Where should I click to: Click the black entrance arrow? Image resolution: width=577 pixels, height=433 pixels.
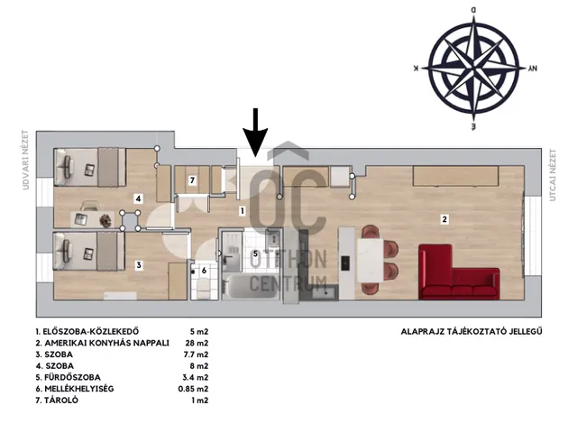click(255, 133)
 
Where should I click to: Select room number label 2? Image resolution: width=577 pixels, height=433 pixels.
click(444, 219)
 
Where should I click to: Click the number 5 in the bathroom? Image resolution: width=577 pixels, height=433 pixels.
click(255, 253)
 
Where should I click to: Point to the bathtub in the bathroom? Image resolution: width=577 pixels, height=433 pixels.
click(251, 287)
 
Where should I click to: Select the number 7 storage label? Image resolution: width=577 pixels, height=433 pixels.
click(192, 180)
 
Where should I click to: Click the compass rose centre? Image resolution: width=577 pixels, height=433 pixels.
click(474, 69)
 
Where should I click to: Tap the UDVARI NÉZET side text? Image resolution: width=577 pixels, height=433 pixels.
click(25, 160)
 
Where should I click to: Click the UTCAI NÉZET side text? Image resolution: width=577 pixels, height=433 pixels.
click(552, 175)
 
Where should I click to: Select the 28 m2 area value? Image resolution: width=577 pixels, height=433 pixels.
click(197, 343)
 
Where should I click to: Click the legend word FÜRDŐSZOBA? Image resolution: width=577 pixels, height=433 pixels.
click(72, 377)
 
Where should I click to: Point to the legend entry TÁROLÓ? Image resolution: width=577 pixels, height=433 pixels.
click(57, 401)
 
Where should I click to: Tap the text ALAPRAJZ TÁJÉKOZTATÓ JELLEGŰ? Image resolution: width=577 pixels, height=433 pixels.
click(472, 331)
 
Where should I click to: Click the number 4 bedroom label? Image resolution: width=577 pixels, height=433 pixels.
click(138, 198)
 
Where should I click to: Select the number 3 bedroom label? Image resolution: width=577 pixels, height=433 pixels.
click(138, 265)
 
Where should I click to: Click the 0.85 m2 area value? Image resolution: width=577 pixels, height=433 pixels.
click(193, 389)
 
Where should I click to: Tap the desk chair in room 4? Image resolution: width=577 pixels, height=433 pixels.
click(89, 206)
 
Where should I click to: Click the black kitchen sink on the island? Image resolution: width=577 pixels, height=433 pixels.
click(345, 263)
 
